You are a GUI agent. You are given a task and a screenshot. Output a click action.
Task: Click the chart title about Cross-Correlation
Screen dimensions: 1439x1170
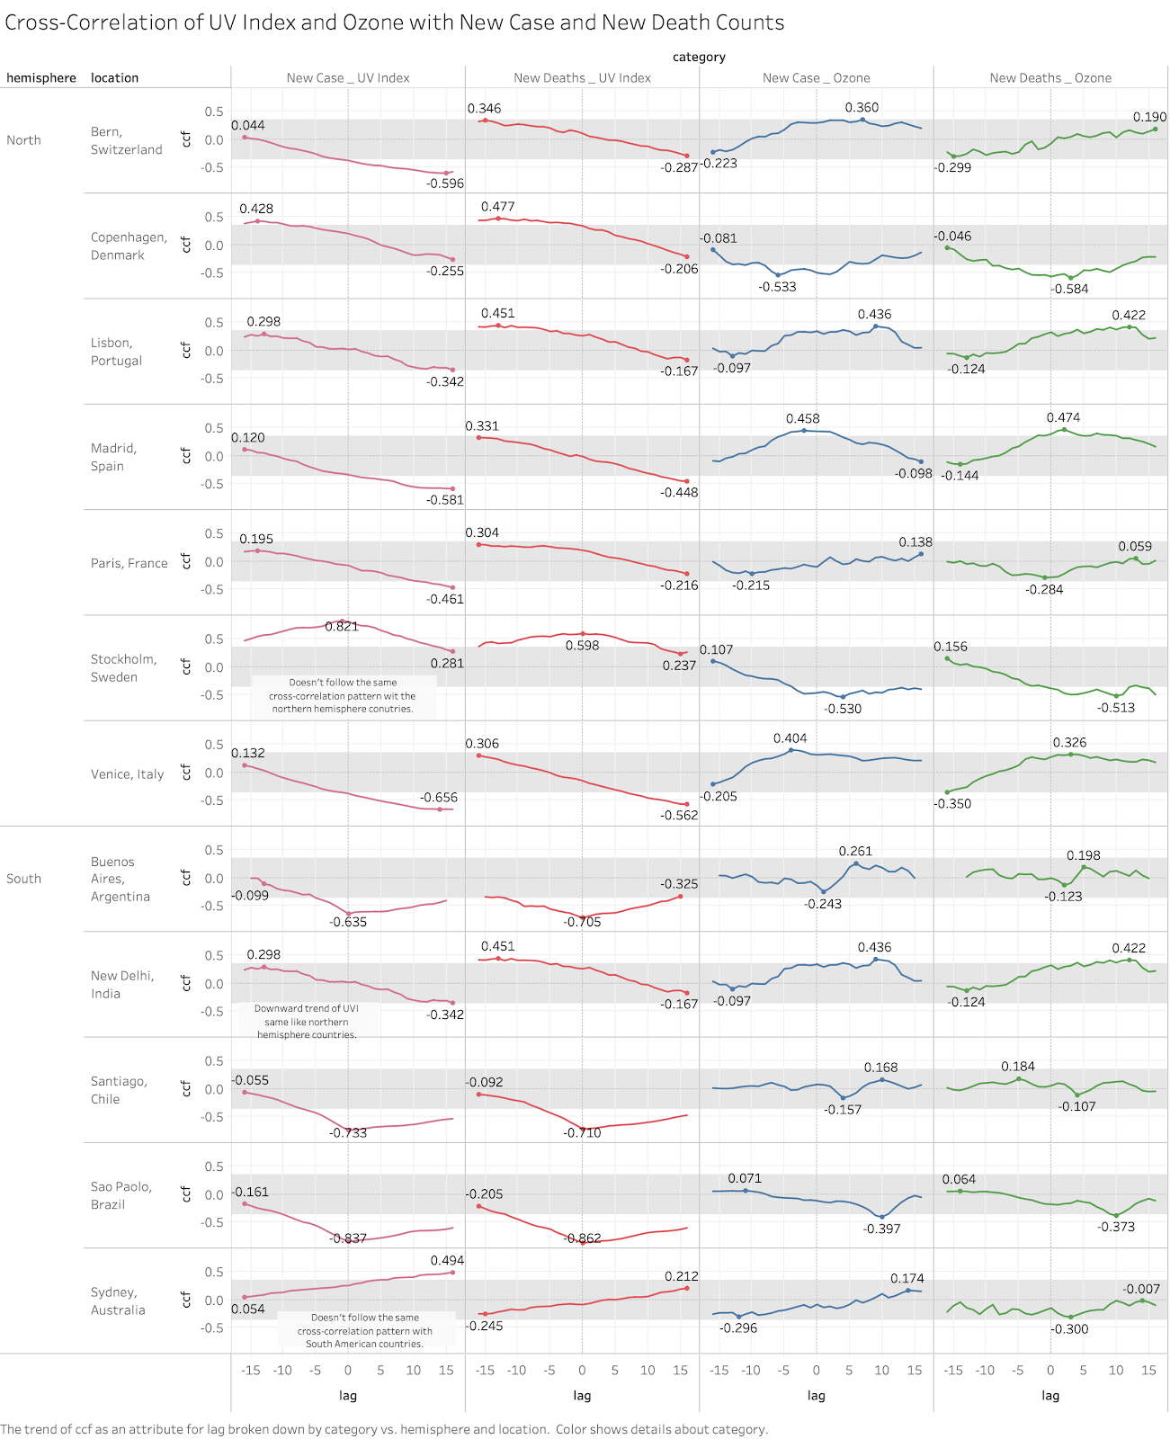coord(394,22)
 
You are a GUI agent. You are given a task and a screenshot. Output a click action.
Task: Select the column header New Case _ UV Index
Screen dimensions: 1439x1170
coord(348,78)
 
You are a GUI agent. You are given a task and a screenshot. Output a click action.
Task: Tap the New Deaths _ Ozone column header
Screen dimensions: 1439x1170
coord(1050,78)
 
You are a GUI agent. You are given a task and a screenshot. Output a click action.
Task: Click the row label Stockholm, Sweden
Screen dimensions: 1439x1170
coord(123,668)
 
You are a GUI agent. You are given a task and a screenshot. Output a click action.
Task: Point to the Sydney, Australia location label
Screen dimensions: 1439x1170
coord(117,1301)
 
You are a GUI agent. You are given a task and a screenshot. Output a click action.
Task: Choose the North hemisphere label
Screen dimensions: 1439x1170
coord(23,140)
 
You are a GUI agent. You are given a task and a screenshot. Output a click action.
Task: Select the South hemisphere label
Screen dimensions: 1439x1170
coord(23,879)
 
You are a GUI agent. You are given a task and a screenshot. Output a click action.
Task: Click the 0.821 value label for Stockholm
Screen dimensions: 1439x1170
coord(342,627)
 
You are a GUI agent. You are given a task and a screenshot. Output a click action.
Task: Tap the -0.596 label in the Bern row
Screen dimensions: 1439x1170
coord(445,183)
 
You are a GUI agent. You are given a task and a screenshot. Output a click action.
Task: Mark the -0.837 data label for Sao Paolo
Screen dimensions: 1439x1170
coord(348,1238)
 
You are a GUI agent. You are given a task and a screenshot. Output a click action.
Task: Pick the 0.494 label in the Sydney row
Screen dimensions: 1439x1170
coord(447,1261)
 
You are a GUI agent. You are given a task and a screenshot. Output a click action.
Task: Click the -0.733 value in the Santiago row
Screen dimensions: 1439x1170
coord(348,1133)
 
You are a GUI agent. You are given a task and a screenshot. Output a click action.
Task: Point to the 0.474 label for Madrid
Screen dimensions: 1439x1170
coord(1063,418)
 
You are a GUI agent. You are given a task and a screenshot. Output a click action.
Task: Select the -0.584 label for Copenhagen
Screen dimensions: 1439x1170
coord(1070,290)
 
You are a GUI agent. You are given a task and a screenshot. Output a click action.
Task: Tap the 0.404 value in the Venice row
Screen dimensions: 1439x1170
coord(790,739)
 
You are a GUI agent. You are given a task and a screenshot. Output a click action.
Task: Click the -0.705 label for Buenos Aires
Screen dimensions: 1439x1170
coord(582,922)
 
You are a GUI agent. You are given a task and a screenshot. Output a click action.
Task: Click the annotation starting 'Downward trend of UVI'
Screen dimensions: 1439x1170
coord(307,1022)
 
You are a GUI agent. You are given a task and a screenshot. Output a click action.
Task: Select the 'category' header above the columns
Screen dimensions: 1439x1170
coord(699,58)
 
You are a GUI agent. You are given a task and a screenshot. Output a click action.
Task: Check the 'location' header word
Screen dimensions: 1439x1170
coord(114,78)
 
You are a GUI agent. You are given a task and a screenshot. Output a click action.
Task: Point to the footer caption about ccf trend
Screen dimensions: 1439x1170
coord(384,1429)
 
